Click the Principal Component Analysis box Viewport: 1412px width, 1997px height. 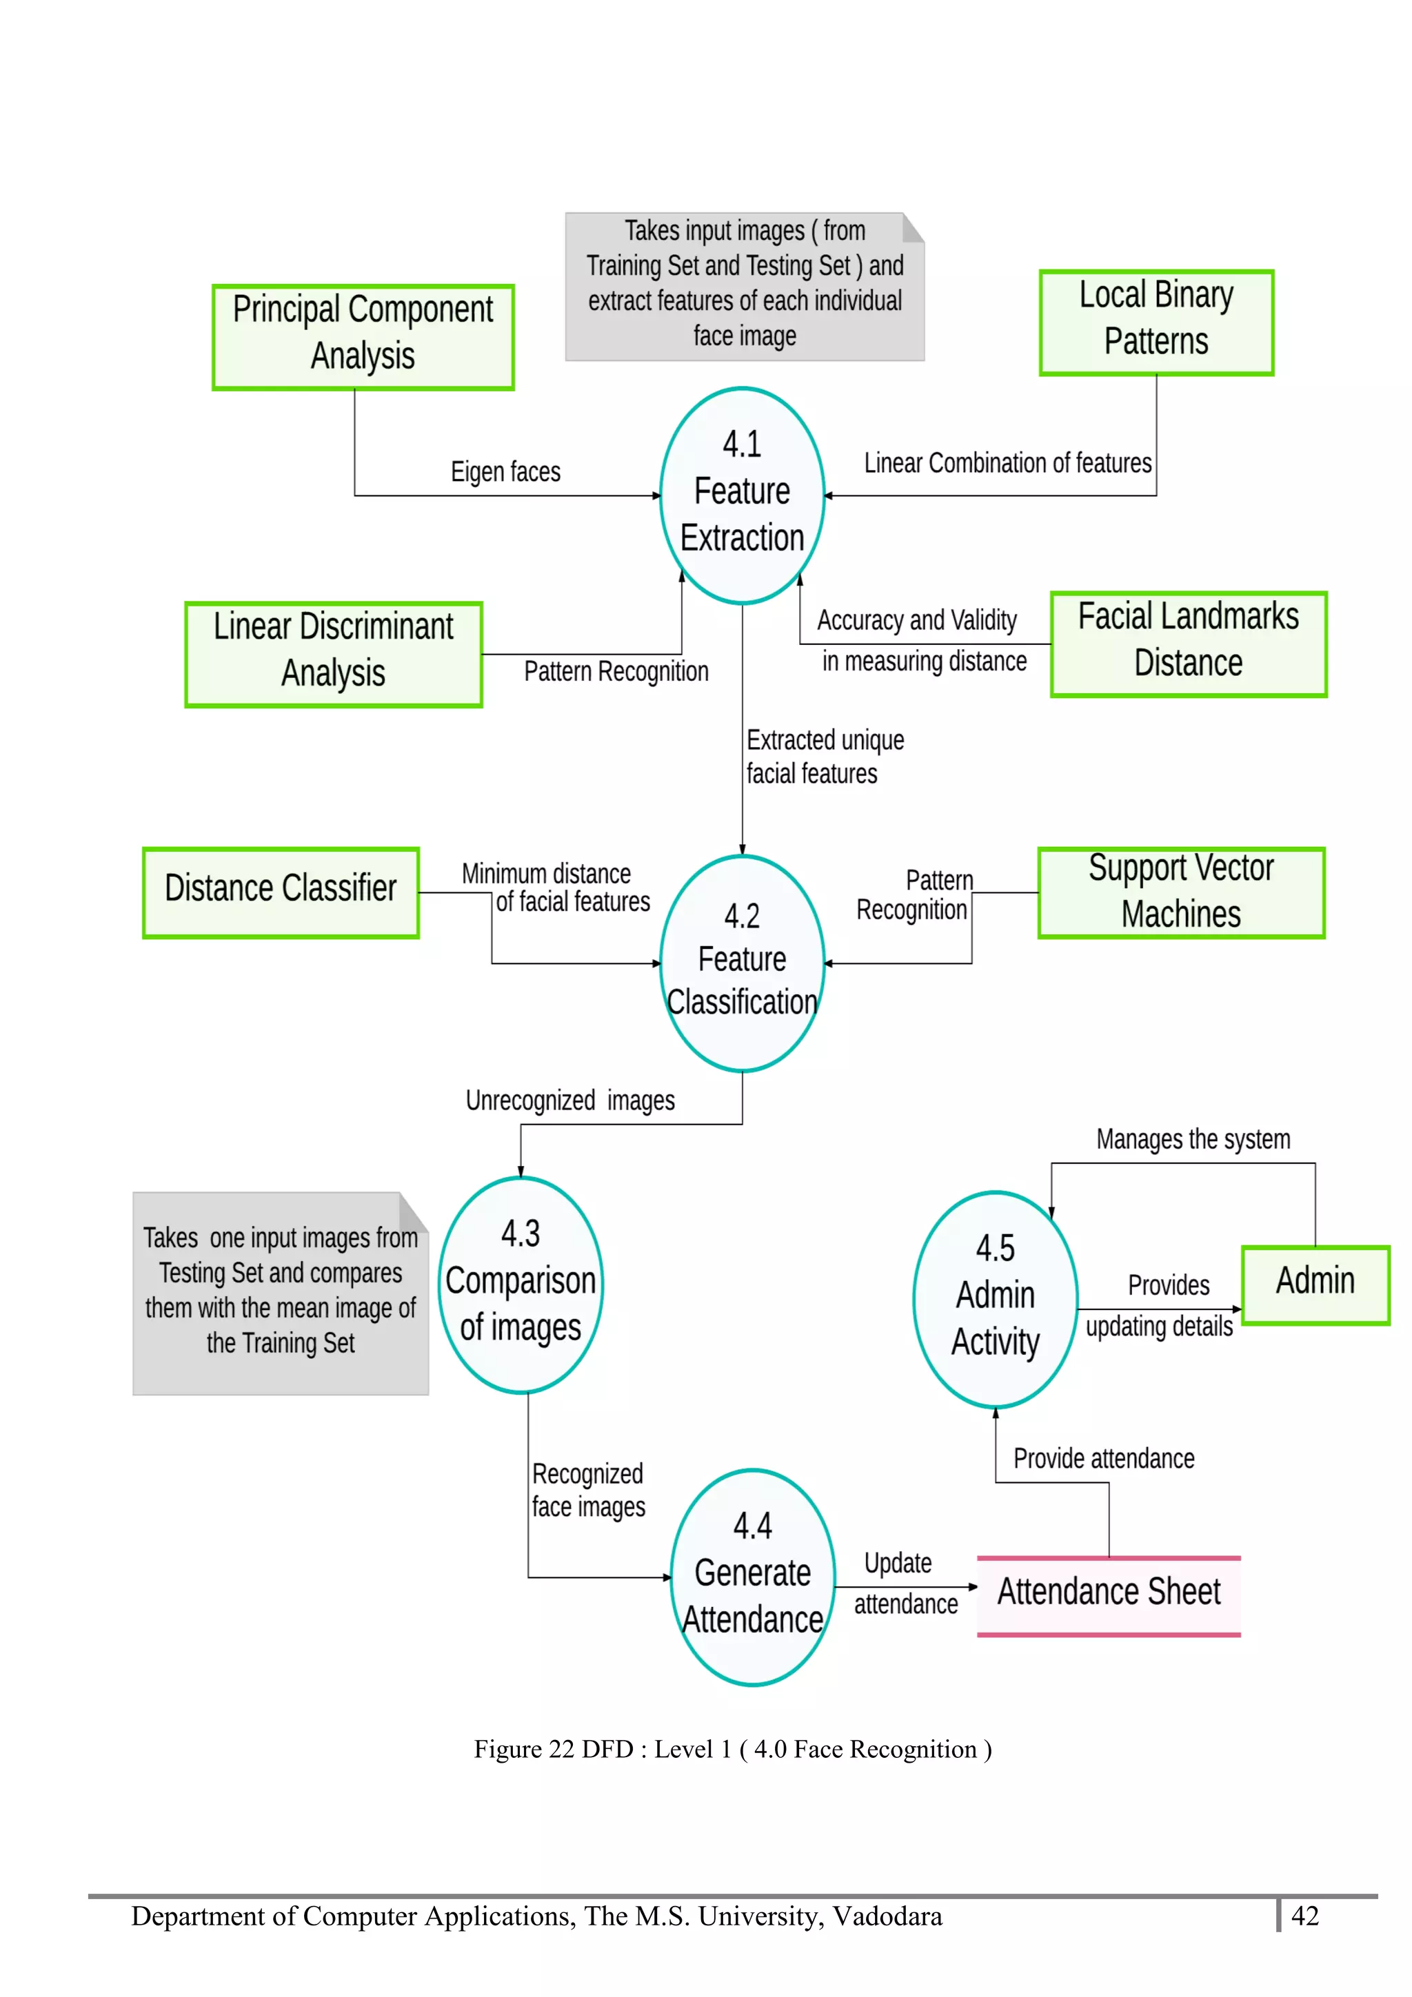point(363,336)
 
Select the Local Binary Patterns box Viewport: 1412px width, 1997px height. point(1156,322)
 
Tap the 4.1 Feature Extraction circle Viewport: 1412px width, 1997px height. point(742,495)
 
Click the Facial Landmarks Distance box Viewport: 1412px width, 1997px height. point(1189,644)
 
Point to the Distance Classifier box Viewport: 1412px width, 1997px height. point(281,892)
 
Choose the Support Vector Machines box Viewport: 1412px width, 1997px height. point(1180,892)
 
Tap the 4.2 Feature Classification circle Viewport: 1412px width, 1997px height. point(742,963)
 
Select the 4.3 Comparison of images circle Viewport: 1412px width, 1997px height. point(521,1284)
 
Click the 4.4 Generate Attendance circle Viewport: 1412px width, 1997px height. point(753,1576)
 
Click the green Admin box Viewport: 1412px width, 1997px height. point(1315,1284)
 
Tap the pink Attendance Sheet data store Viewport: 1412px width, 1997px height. point(1109,1595)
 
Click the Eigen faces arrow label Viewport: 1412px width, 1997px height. point(505,472)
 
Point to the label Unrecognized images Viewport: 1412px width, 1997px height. point(570,1100)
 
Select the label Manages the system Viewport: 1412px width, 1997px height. point(1193,1139)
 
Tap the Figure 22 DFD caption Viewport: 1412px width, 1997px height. point(732,1749)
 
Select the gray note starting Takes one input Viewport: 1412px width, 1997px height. point(280,1293)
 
